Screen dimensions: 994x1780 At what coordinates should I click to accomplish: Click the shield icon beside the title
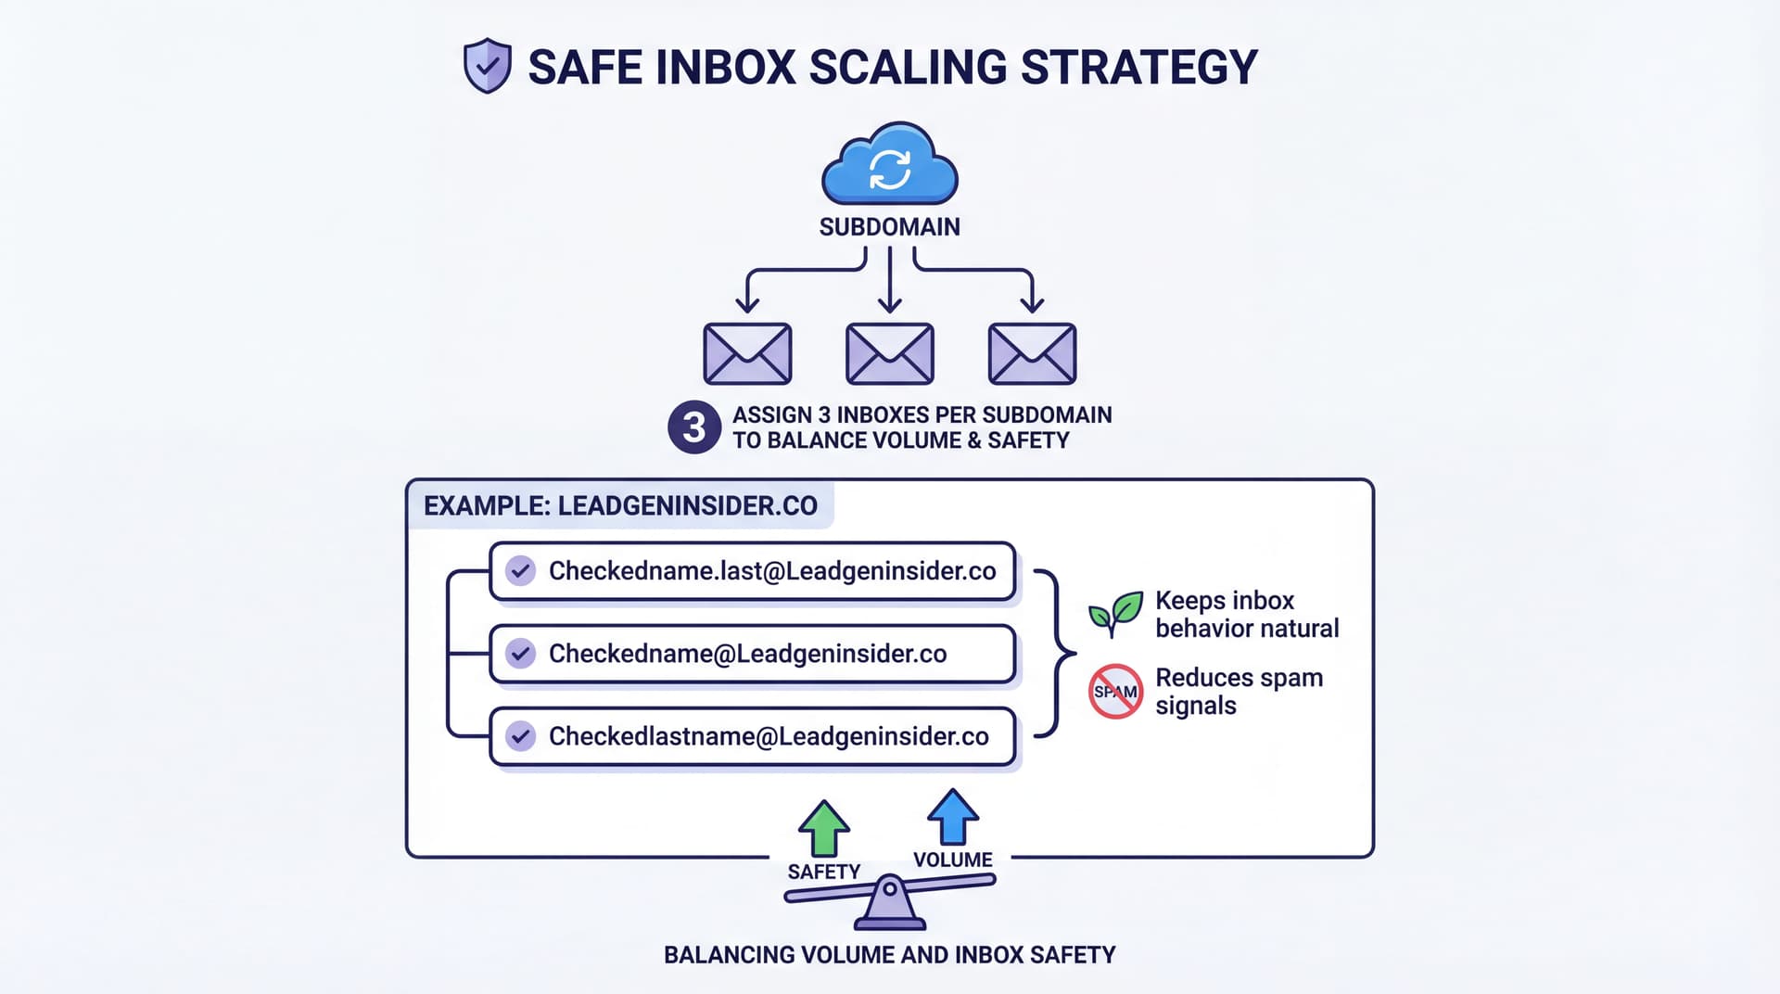[x=487, y=66]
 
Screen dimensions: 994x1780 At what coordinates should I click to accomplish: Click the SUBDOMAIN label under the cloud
[x=890, y=227]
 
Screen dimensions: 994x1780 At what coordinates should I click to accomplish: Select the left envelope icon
[x=747, y=353]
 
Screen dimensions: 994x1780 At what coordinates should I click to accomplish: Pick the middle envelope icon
[x=890, y=353]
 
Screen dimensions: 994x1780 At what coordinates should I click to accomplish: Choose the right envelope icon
[x=1032, y=353]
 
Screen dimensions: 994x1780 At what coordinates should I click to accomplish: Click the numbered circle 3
[x=693, y=427]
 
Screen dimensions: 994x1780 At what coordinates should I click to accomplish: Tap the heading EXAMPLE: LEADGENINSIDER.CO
[x=620, y=505]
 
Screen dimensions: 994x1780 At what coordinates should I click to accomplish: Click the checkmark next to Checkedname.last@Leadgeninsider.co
[x=521, y=570]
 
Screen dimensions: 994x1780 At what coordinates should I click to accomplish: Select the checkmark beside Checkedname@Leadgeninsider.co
[x=521, y=654]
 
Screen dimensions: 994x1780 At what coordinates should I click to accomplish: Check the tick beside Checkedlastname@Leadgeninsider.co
[x=521, y=736]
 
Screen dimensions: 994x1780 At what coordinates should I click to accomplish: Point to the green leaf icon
[x=1115, y=613]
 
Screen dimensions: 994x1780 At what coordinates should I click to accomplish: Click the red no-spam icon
[x=1115, y=692]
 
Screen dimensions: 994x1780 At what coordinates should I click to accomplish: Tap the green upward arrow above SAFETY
[x=823, y=828]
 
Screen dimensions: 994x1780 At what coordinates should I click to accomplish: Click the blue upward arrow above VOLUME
[x=953, y=816]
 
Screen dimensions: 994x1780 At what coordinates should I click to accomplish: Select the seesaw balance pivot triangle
[x=890, y=906]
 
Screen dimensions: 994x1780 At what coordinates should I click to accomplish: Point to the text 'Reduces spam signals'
[x=1239, y=692]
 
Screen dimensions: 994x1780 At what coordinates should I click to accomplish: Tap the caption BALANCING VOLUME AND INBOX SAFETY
[x=890, y=955]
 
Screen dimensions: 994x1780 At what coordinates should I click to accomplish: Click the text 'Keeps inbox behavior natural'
[x=1246, y=614]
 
